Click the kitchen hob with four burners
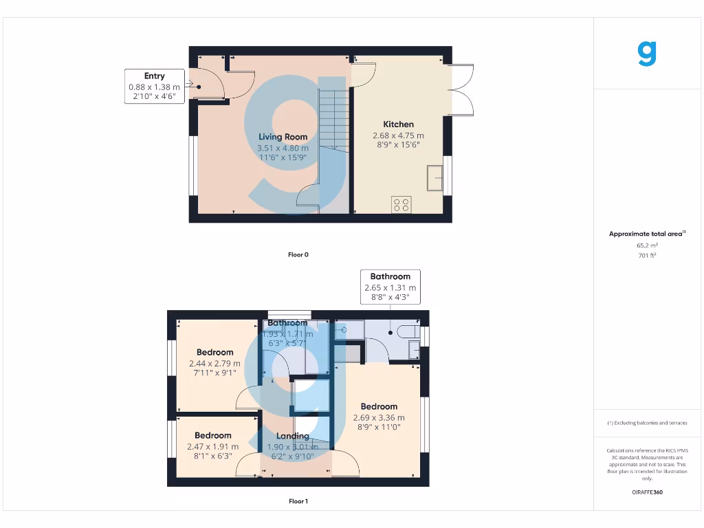pyautogui.click(x=401, y=204)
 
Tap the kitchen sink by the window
pyautogui.click(x=436, y=177)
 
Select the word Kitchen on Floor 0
pyautogui.click(x=398, y=124)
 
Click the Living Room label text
pyautogui.click(x=283, y=137)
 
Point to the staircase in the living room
pyautogui.click(x=333, y=120)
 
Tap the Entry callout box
pyautogui.click(x=155, y=87)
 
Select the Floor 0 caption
pyautogui.click(x=298, y=254)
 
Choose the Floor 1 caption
pyautogui.click(x=298, y=501)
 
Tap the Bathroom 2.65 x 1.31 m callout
pyautogui.click(x=390, y=287)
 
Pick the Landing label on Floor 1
pyautogui.click(x=292, y=436)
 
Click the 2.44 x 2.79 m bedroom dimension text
pyautogui.click(x=214, y=364)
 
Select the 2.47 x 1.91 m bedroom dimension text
pyautogui.click(x=212, y=446)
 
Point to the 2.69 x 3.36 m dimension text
pyautogui.click(x=379, y=417)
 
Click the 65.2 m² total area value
pyautogui.click(x=647, y=245)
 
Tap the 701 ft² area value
pyautogui.click(x=647, y=256)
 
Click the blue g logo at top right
pyautogui.click(x=646, y=53)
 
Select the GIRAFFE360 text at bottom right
pyautogui.click(x=647, y=492)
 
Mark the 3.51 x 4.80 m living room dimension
pyautogui.click(x=283, y=148)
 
